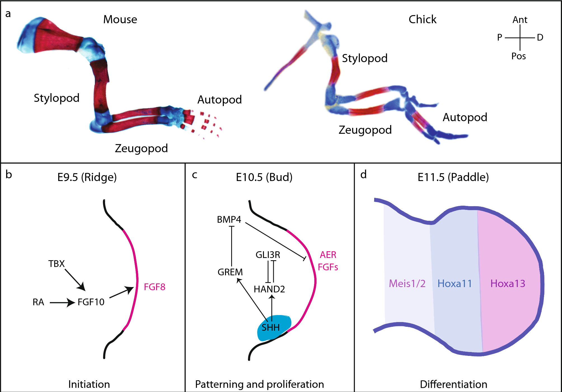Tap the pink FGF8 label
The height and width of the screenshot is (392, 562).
coord(154,287)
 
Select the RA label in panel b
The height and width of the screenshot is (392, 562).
coord(38,302)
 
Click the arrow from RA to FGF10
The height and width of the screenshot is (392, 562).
coord(62,302)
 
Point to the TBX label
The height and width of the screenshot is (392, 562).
coord(56,264)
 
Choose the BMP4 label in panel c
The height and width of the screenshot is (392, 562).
coord(229,220)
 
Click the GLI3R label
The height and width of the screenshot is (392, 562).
coord(268,255)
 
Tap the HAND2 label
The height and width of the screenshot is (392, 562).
coord(269,289)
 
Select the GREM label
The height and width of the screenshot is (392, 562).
coord(230,272)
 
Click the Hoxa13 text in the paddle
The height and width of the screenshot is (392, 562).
coord(508,284)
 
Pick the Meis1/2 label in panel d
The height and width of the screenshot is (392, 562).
coord(407,284)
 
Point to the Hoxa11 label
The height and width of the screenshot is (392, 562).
coord(455,284)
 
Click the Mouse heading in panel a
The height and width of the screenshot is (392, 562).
coord(120,20)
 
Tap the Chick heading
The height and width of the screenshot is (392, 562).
coord(422,20)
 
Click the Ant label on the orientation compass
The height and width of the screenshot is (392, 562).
coord(520,20)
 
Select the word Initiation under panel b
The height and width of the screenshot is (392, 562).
coord(89,384)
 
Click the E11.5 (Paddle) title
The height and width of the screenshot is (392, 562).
coord(453,177)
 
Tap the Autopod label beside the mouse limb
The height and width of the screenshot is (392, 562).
coord(219,100)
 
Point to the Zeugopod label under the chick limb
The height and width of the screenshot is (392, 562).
coord(365,130)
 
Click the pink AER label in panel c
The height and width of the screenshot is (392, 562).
coord(328,255)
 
